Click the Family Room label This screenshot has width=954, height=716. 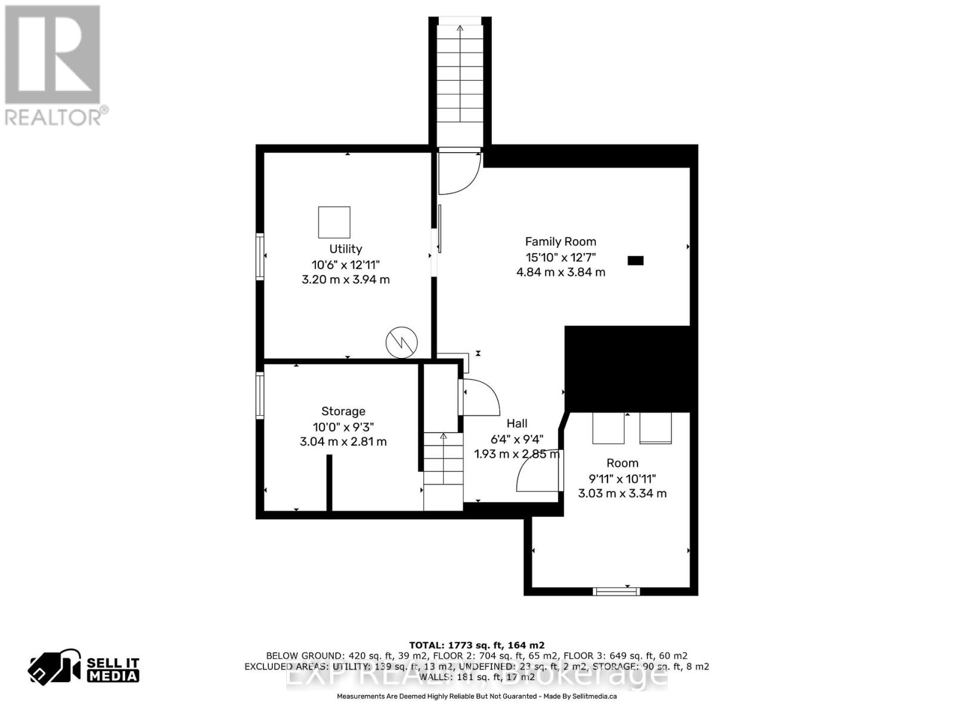tap(560, 242)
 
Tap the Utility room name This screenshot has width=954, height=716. tap(345, 249)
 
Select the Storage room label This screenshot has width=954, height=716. tap(343, 411)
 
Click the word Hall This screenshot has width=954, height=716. tap(516, 423)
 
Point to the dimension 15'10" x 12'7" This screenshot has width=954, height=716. tap(560, 257)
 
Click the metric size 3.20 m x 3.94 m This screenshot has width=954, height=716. tap(345, 279)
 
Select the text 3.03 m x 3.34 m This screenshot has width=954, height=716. tap(622, 493)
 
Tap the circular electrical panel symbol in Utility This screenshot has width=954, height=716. tap(401, 342)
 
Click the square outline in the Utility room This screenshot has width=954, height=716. tap(334, 222)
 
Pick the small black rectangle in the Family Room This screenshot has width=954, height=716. tap(636, 260)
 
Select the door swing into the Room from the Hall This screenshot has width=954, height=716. tap(538, 471)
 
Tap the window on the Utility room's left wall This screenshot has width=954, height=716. tap(260, 257)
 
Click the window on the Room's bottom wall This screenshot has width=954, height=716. tap(616, 591)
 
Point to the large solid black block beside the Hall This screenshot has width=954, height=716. tap(630, 368)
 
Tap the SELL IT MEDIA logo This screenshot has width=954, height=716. tap(84, 668)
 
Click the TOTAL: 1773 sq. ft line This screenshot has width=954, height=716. tap(476, 645)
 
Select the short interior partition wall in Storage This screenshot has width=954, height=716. tap(329, 482)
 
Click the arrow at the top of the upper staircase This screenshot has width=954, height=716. tap(460, 28)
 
